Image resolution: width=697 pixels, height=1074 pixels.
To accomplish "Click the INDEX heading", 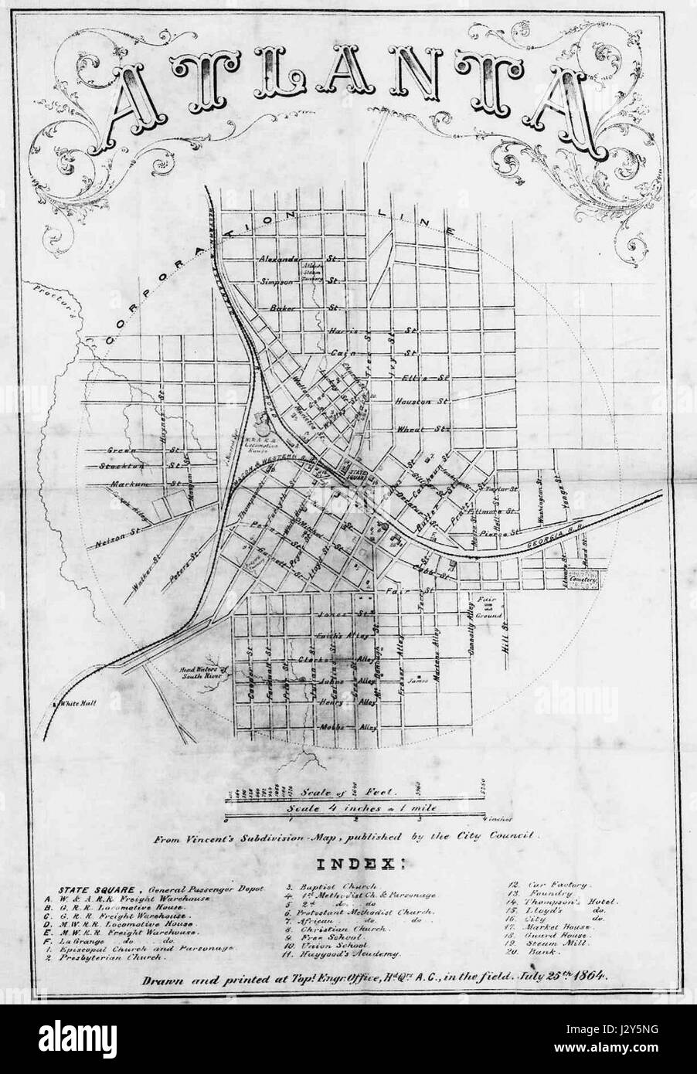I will pos(348,862).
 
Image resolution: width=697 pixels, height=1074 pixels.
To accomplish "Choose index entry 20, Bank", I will pos(522,955).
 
